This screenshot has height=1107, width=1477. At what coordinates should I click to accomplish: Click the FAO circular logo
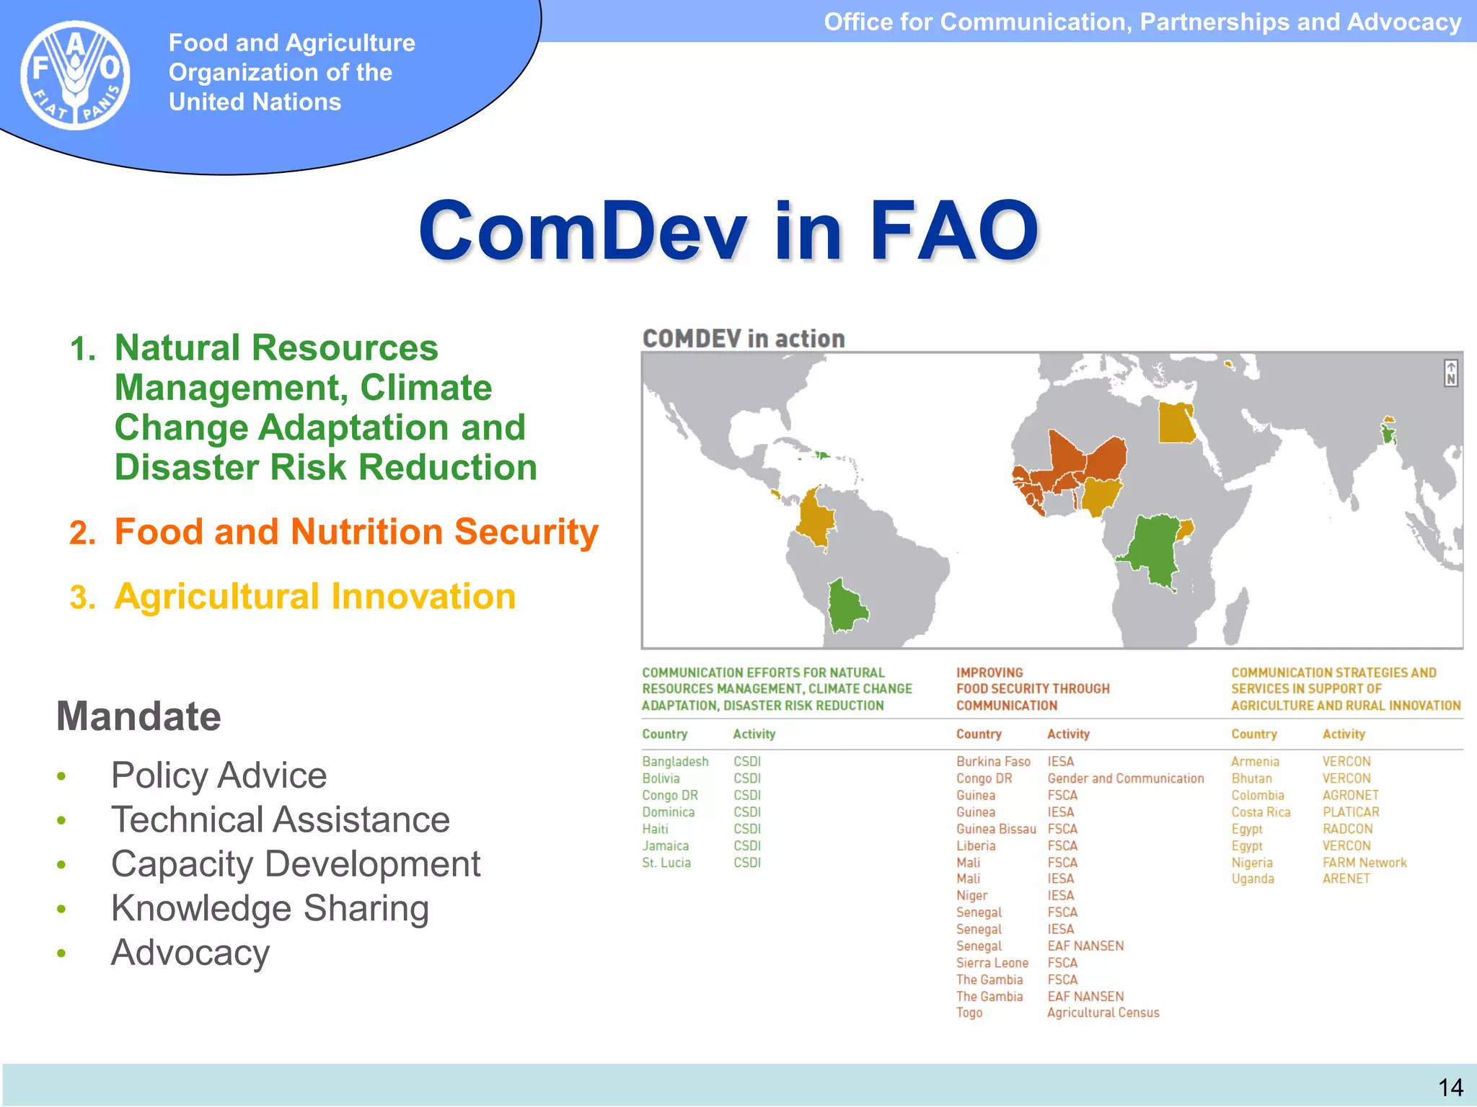click(75, 75)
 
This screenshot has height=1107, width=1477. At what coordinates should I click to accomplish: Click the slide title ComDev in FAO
click(728, 231)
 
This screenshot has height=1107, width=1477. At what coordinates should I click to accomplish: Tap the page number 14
click(1450, 1087)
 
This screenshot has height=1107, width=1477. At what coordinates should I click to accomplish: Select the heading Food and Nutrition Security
click(356, 532)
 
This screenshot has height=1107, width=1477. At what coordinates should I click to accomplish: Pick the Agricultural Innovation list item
click(315, 597)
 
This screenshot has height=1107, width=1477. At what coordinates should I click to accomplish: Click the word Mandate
click(138, 716)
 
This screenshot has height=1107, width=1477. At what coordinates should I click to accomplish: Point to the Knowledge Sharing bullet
click(270, 908)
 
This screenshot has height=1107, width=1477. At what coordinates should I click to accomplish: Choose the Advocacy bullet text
click(190, 953)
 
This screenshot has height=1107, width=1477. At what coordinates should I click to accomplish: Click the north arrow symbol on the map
click(1450, 373)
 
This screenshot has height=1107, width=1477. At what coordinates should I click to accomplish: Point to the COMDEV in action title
click(744, 339)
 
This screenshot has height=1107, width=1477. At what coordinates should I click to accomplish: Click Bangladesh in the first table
click(675, 762)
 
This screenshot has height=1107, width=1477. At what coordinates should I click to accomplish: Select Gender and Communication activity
click(1125, 778)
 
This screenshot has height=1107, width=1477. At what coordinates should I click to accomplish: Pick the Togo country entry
click(969, 1013)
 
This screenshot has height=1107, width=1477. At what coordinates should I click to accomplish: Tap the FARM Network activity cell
click(1364, 863)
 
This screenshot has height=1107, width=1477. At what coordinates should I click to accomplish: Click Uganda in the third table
click(1253, 879)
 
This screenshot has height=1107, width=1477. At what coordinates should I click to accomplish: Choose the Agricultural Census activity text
click(1103, 1013)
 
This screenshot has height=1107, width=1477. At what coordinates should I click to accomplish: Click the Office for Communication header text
click(1142, 22)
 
